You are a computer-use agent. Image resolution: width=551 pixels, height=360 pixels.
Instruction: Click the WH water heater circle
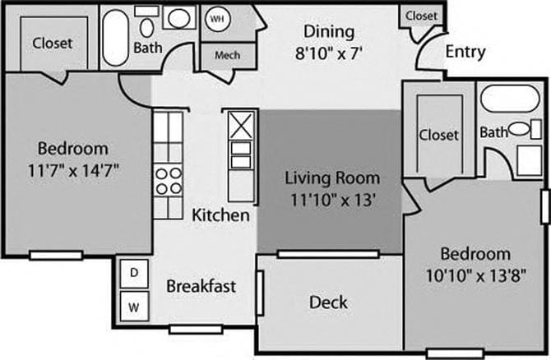pyautogui.click(x=216, y=18)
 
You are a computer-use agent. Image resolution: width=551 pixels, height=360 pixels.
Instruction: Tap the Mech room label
pyautogui.click(x=226, y=56)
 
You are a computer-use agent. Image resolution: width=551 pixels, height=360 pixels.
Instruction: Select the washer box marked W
pyautogui.click(x=133, y=308)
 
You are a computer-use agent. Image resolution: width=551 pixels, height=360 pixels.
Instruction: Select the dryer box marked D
pyautogui.click(x=133, y=272)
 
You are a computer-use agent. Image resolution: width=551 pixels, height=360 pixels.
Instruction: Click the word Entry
pyautogui.click(x=465, y=52)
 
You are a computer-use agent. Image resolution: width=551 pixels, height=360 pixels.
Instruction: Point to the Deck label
pyautogui.click(x=328, y=302)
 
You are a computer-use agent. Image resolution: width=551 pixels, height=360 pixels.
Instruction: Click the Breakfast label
pyautogui.click(x=201, y=286)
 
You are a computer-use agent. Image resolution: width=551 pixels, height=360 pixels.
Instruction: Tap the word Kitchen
pyautogui.click(x=220, y=215)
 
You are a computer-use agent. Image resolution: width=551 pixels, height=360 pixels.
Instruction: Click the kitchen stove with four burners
pyautogui.click(x=168, y=181)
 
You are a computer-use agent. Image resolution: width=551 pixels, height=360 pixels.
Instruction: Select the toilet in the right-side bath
pyautogui.click(x=519, y=129)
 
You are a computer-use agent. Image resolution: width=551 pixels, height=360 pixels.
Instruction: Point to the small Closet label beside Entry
pyautogui.click(x=421, y=16)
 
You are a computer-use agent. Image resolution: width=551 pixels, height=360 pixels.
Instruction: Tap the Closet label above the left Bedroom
pyautogui.click(x=52, y=43)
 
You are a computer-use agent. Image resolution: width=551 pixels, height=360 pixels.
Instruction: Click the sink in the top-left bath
pyautogui.click(x=178, y=18)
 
